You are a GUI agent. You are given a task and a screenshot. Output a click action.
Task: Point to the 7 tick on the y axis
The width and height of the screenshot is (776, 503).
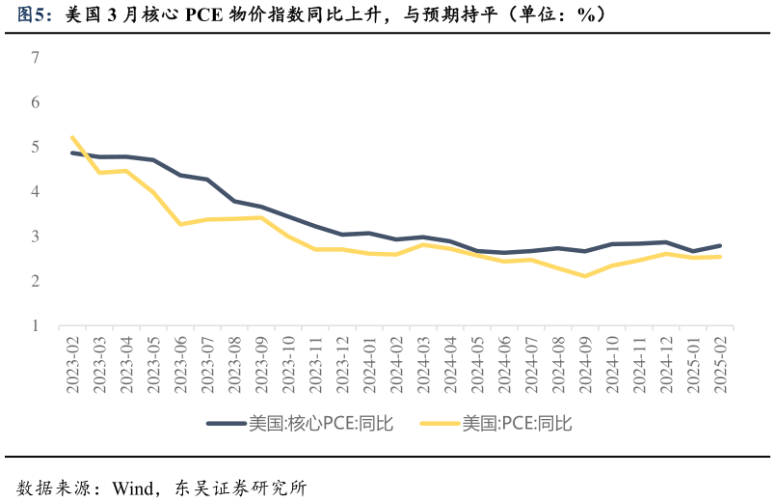36,58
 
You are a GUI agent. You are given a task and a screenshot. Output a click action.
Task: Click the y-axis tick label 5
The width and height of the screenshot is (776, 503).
36,147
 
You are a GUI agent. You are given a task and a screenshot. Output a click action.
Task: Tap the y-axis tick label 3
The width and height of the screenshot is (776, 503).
36,237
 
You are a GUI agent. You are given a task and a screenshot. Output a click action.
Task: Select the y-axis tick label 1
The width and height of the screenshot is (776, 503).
36,326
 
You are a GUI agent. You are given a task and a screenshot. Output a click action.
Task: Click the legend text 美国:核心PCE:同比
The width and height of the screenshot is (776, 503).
320,423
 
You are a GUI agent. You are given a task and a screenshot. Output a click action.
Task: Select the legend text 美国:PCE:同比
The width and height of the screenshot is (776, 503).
517,423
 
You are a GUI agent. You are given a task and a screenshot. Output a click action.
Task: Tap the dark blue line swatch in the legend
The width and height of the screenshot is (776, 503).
226,423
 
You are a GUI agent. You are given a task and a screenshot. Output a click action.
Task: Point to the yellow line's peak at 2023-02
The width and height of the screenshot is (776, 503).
72,137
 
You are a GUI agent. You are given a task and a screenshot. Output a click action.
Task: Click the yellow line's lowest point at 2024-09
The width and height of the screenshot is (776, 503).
585,276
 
